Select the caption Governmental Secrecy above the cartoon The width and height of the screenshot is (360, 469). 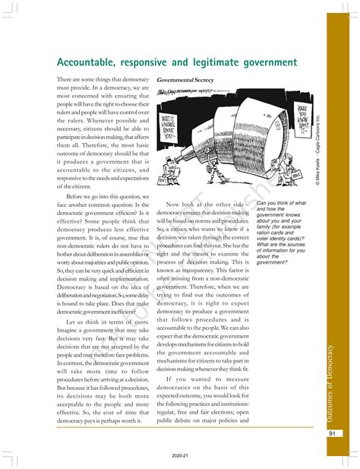tap(185, 80)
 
